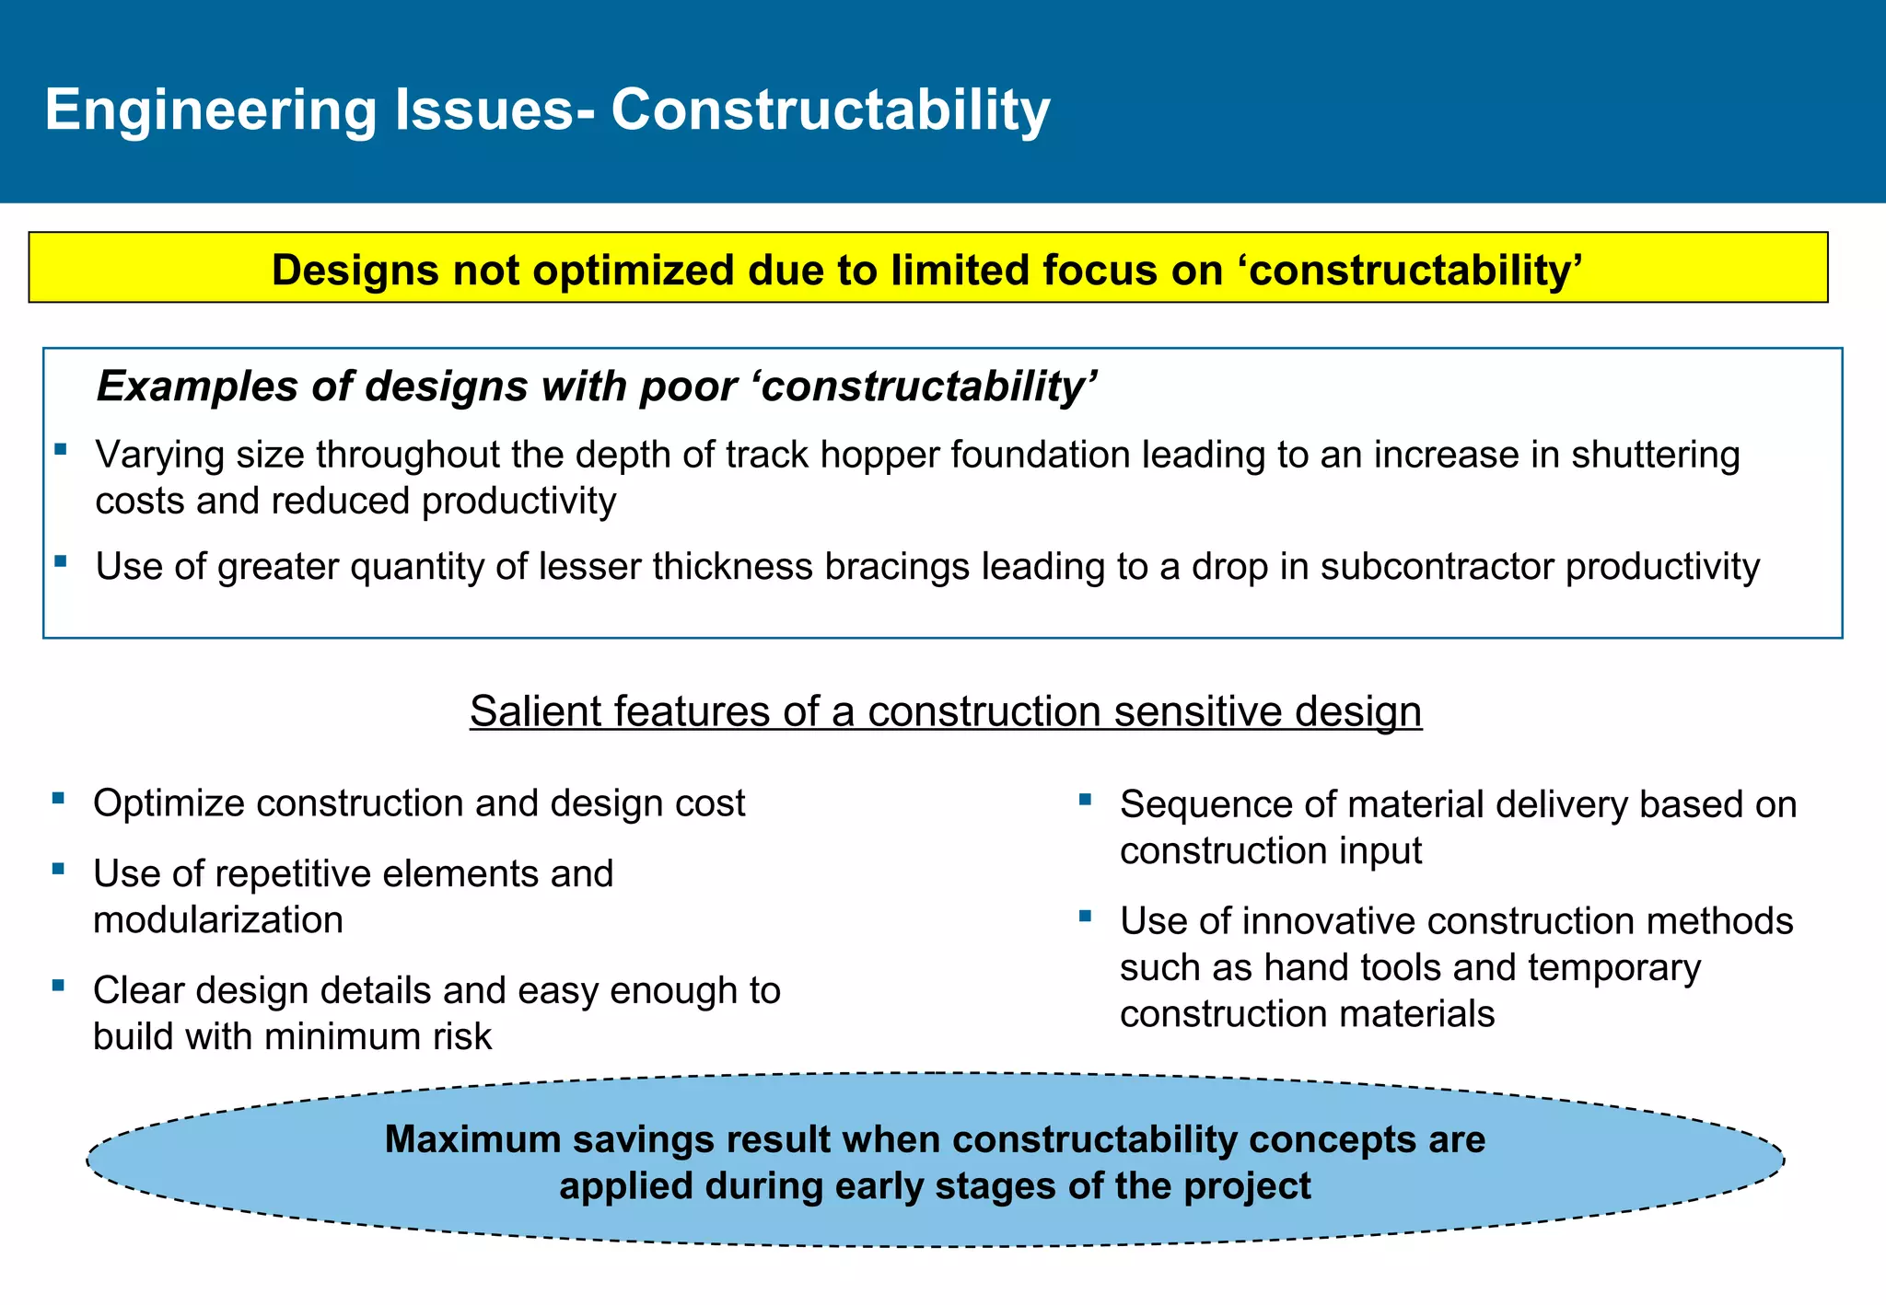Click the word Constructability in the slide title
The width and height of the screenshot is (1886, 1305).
[x=830, y=110]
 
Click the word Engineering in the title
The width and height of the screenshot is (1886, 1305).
[x=211, y=110]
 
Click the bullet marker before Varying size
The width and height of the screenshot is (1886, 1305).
[x=61, y=449]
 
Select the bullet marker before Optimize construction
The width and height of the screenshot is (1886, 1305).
[x=58, y=798]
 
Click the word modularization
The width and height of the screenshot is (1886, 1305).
[x=218, y=920]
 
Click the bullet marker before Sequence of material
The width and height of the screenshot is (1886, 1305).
[x=1085, y=799]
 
